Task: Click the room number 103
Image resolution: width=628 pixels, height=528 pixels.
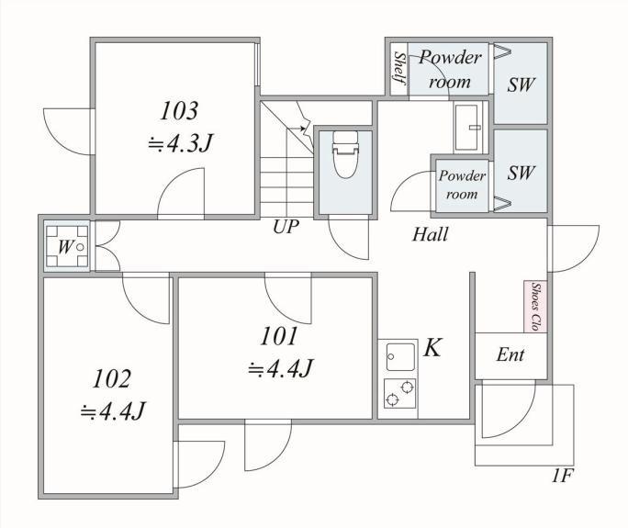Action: pos(179,111)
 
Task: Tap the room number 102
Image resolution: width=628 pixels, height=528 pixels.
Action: pos(111,378)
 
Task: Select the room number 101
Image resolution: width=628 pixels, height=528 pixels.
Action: pos(279,336)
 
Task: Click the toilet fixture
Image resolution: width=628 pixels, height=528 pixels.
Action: pos(345,154)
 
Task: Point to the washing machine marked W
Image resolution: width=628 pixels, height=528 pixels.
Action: pos(67,246)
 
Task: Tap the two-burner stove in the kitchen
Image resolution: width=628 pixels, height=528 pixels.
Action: pos(399,393)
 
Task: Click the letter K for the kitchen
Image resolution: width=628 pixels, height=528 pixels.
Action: pos(432,347)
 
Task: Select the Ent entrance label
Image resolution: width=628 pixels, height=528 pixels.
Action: pos(510,354)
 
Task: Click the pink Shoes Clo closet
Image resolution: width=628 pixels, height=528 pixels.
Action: pos(535,307)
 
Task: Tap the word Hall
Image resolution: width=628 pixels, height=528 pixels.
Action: pos(431,234)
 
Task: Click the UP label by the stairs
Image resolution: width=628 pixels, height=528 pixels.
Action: pos(286,227)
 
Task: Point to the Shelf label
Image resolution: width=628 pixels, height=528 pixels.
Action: pos(399,68)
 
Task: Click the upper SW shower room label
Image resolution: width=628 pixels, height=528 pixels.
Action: pos(521,84)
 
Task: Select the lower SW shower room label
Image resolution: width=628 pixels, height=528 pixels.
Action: pos(521,173)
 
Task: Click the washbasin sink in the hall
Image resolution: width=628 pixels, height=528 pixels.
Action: pos(468,127)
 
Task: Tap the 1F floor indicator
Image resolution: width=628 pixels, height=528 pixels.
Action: pos(563,477)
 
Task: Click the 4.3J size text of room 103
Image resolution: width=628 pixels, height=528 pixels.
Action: pos(180,143)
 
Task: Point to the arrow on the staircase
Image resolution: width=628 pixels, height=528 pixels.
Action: pos(295,129)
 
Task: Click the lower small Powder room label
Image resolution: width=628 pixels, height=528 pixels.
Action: pos(462,185)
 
